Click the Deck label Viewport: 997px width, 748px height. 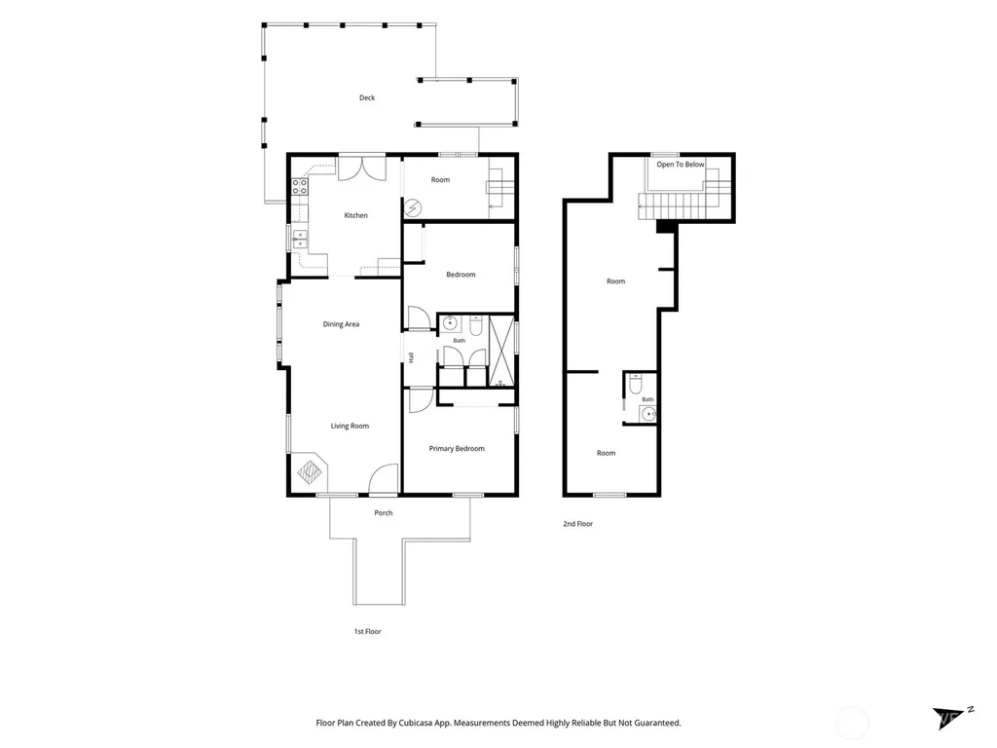367,97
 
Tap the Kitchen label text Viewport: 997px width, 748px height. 356,215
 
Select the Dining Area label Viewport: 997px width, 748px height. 341,324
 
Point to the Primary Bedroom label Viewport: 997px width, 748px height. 457,448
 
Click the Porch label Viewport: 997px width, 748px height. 384,512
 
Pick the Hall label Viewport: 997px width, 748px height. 412,357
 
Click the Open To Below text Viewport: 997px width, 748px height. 681,164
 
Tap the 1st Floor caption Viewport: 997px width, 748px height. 367,631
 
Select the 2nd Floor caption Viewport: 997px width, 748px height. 578,524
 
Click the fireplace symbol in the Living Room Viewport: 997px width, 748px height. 311,471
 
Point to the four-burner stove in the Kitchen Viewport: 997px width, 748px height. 300,186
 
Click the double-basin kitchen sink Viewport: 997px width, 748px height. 300,240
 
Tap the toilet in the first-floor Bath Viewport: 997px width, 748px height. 476,325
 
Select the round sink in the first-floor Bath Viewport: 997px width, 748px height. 450,323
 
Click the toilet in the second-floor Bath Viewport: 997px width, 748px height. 635,384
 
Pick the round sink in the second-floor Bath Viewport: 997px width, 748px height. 648,414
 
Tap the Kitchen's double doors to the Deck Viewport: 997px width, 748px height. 362,168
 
